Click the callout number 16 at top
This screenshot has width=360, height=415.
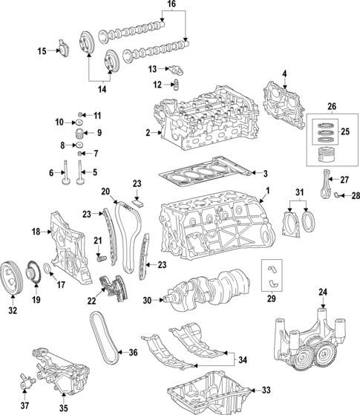pos(171,4)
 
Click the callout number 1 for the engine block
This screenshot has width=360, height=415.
pos(268,190)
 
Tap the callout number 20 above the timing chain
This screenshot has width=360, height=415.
pos(105,191)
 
